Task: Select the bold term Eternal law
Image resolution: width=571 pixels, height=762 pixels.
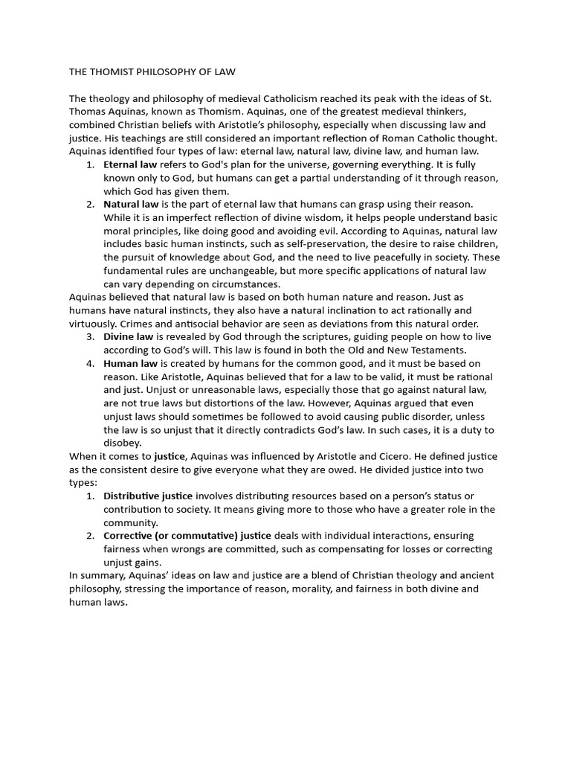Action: tap(130, 164)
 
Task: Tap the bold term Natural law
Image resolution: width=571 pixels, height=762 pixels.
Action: tap(131, 204)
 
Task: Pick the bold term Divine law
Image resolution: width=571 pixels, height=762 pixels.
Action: tap(128, 336)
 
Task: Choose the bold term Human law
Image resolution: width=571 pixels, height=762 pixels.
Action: tap(130, 363)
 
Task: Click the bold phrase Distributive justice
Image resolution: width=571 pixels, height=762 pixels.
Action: tap(148, 496)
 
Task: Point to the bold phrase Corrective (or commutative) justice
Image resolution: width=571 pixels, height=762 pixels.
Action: tap(187, 536)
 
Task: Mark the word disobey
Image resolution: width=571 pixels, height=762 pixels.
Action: tap(122, 443)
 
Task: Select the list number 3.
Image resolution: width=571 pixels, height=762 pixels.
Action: tap(89, 336)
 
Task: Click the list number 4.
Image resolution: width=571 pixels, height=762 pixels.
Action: tap(89, 363)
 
